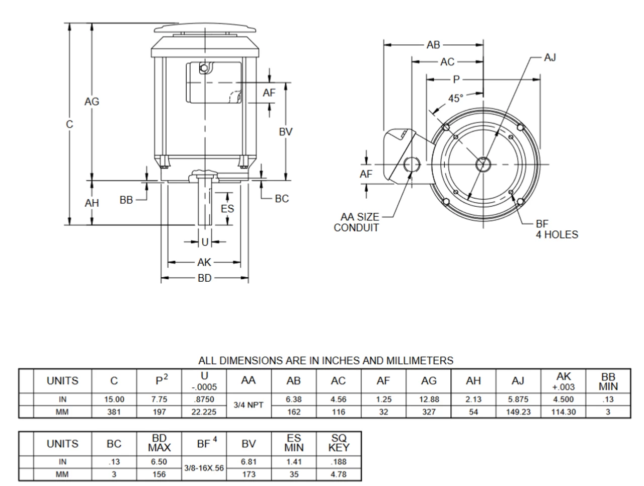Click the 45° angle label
[x=456, y=98]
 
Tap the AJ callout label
[x=550, y=57]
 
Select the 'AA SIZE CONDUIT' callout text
[x=357, y=222]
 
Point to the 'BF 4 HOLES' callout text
[x=556, y=229]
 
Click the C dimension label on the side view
[x=69, y=124]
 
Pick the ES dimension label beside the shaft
[x=227, y=208]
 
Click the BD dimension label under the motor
[x=205, y=278]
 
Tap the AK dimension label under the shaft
[x=204, y=262]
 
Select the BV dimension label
[x=286, y=132]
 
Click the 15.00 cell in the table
[x=114, y=399]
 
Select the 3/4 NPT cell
[x=249, y=406]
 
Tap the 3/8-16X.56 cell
[x=204, y=468]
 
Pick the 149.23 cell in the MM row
[x=518, y=412]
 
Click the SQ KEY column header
[x=339, y=443]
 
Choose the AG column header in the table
[x=429, y=381]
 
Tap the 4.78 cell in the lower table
[x=339, y=474]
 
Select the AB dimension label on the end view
[x=433, y=45]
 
